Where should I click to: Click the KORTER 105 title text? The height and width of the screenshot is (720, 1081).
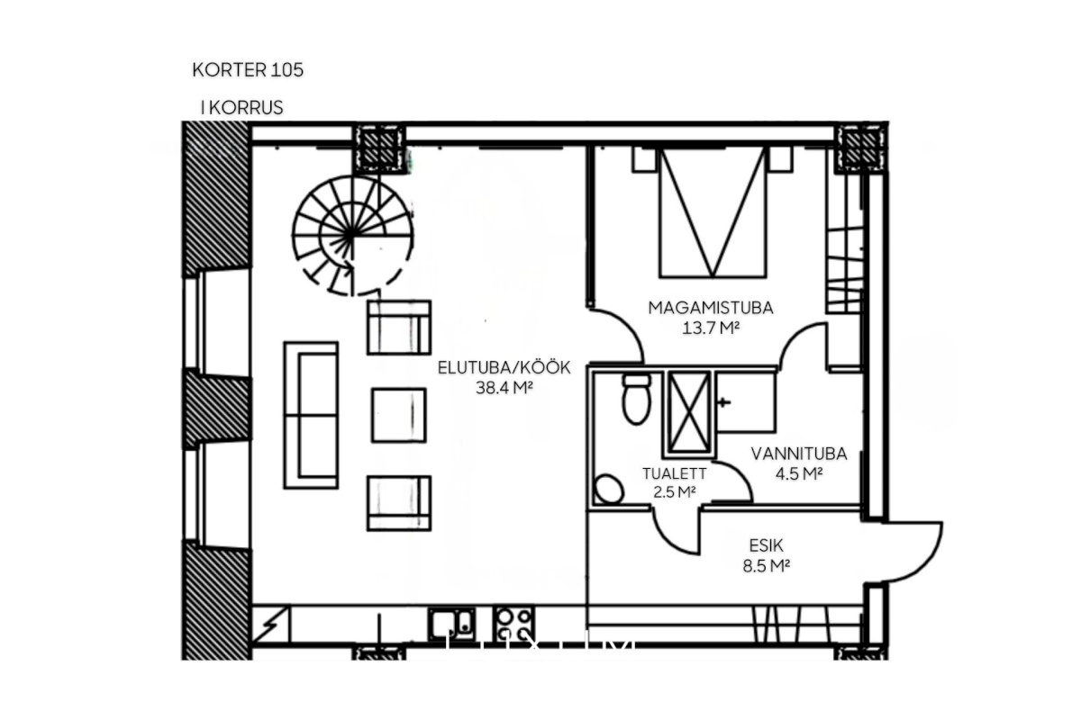click(x=248, y=70)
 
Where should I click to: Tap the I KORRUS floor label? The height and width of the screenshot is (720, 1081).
click(x=241, y=107)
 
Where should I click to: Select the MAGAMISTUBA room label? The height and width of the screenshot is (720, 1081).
click(x=711, y=308)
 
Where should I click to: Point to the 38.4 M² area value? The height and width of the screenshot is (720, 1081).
click(x=504, y=388)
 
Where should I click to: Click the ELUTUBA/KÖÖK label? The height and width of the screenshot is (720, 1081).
click(x=504, y=367)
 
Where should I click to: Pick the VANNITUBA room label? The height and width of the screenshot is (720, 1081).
click(x=799, y=454)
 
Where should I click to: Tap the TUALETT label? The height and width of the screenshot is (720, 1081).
click(x=674, y=473)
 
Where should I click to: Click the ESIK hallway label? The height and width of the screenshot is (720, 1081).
click(x=766, y=545)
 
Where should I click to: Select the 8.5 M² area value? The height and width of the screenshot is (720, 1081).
click(x=766, y=566)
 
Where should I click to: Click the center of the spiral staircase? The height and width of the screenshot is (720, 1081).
click(x=352, y=235)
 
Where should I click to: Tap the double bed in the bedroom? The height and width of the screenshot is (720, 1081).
click(x=713, y=212)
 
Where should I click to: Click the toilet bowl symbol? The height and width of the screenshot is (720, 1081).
click(x=637, y=400)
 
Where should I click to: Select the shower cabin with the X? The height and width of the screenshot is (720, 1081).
click(x=689, y=414)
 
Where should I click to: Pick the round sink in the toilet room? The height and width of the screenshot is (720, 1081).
click(x=609, y=489)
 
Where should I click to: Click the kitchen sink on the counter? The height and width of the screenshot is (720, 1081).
click(x=451, y=624)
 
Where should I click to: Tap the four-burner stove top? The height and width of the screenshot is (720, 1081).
click(x=513, y=624)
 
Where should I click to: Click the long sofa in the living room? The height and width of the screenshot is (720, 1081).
click(x=311, y=415)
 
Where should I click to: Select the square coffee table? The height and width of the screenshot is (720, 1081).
click(x=398, y=415)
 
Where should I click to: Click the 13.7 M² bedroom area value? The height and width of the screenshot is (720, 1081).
click(x=711, y=328)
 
